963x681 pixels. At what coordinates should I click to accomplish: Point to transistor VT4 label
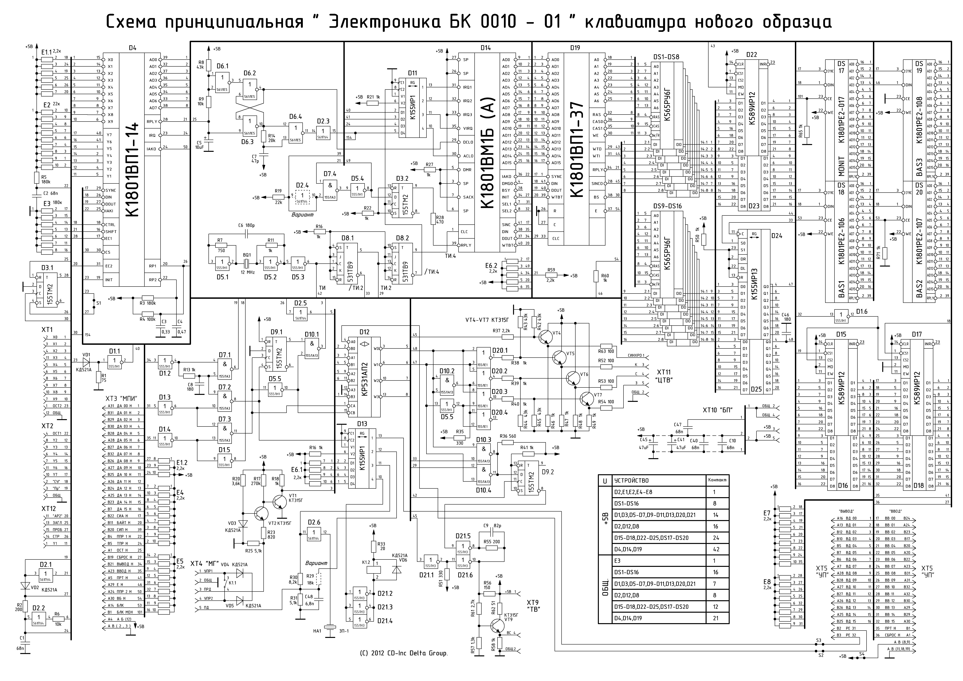point(557,333)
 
